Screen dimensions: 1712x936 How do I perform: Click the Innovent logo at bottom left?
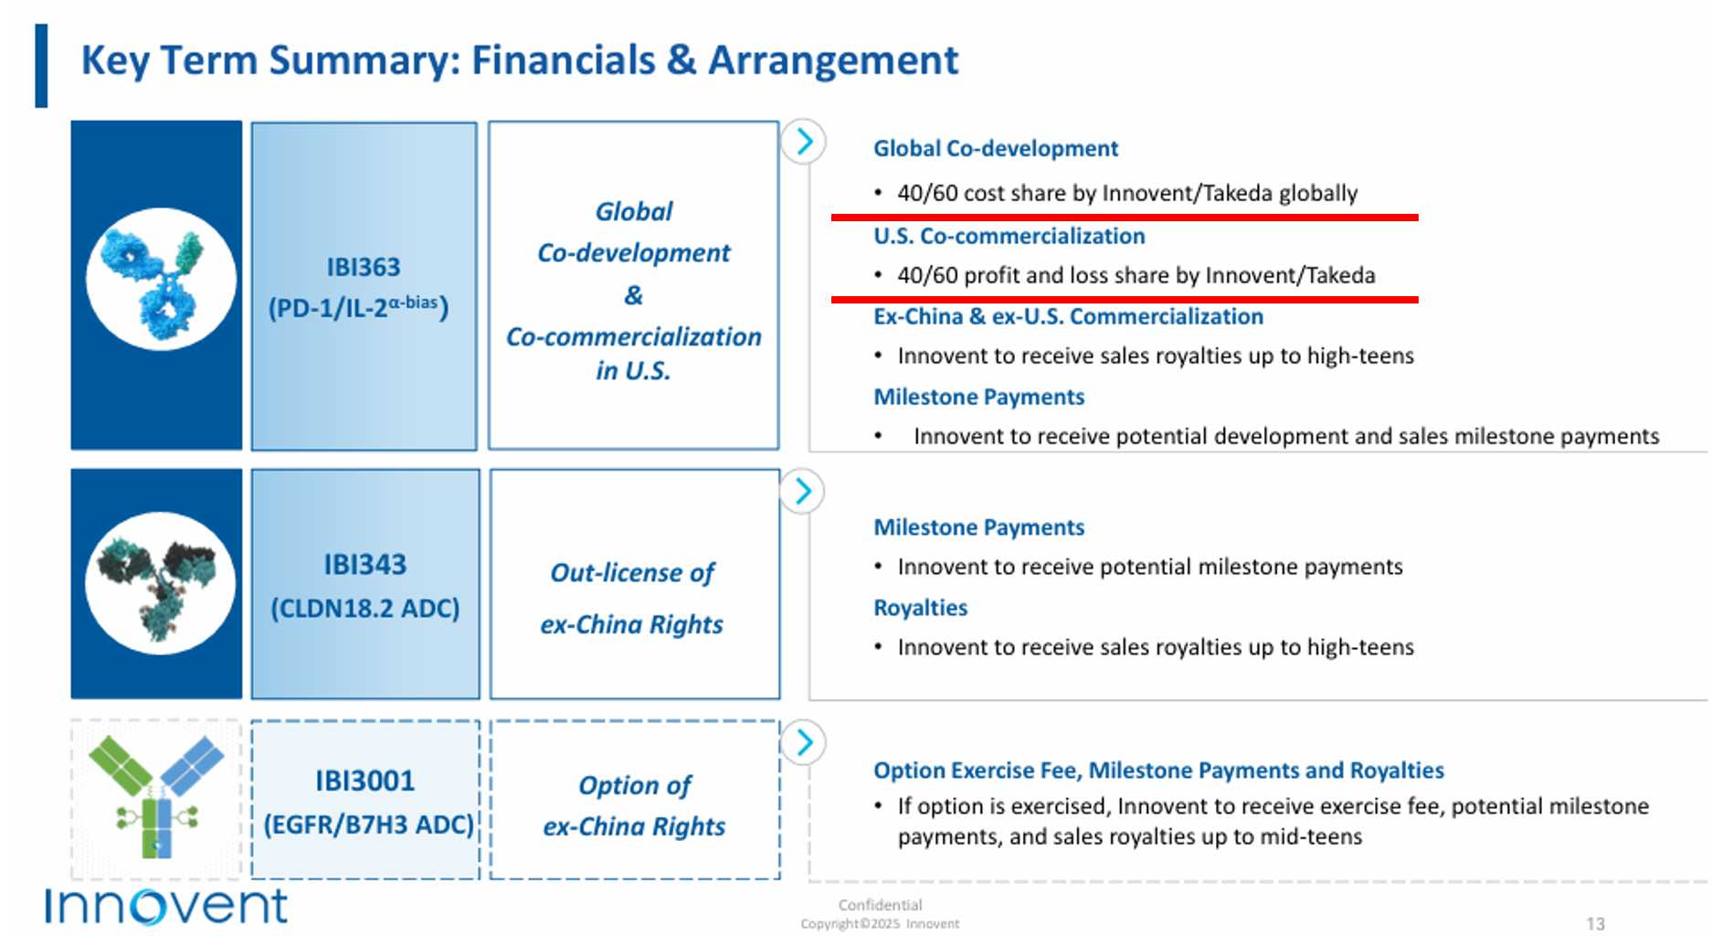(166, 906)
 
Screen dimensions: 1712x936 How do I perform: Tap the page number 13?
(1595, 923)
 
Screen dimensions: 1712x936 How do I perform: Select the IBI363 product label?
(364, 267)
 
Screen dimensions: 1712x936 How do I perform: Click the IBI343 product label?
(365, 564)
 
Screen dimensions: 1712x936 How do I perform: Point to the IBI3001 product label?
(365, 781)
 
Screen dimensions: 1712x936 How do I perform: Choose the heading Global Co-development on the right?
(996, 148)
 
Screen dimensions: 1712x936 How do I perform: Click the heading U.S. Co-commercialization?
(1009, 236)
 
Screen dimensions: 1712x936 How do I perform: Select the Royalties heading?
(920, 608)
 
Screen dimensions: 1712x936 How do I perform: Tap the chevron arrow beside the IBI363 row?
(804, 142)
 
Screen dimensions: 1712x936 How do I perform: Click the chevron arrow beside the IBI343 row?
(803, 492)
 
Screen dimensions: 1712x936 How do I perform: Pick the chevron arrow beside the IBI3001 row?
(804, 742)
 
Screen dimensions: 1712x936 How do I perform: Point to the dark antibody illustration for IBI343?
(159, 583)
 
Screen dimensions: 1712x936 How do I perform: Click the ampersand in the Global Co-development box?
(634, 295)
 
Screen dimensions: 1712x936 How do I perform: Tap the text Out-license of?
(632, 573)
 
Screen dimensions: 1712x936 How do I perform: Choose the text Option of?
(635, 785)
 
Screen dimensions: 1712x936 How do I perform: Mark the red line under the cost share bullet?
(1125, 218)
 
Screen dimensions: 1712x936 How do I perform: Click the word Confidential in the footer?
(880, 905)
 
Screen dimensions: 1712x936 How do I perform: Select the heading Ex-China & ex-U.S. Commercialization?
(1068, 316)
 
